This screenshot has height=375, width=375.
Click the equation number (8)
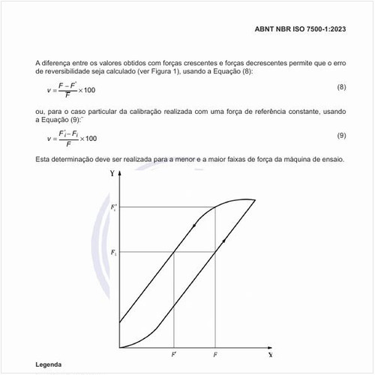(x=340, y=87)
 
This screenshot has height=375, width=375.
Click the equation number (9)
(x=340, y=135)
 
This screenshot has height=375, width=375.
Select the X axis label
(x=268, y=352)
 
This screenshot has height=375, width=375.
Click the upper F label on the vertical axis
(x=113, y=206)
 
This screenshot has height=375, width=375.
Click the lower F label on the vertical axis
(x=113, y=253)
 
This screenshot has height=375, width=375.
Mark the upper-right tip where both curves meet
(x=256, y=199)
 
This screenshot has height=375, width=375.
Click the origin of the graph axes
(x=120, y=347)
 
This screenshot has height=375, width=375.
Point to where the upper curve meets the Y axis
(x=120, y=322)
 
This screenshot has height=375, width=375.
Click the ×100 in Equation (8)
(x=86, y=91)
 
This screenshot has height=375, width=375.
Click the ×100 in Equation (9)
(x=87, y=139)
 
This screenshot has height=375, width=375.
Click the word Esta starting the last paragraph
(x=43, y=160)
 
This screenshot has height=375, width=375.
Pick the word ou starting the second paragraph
(x=39, y=111)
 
